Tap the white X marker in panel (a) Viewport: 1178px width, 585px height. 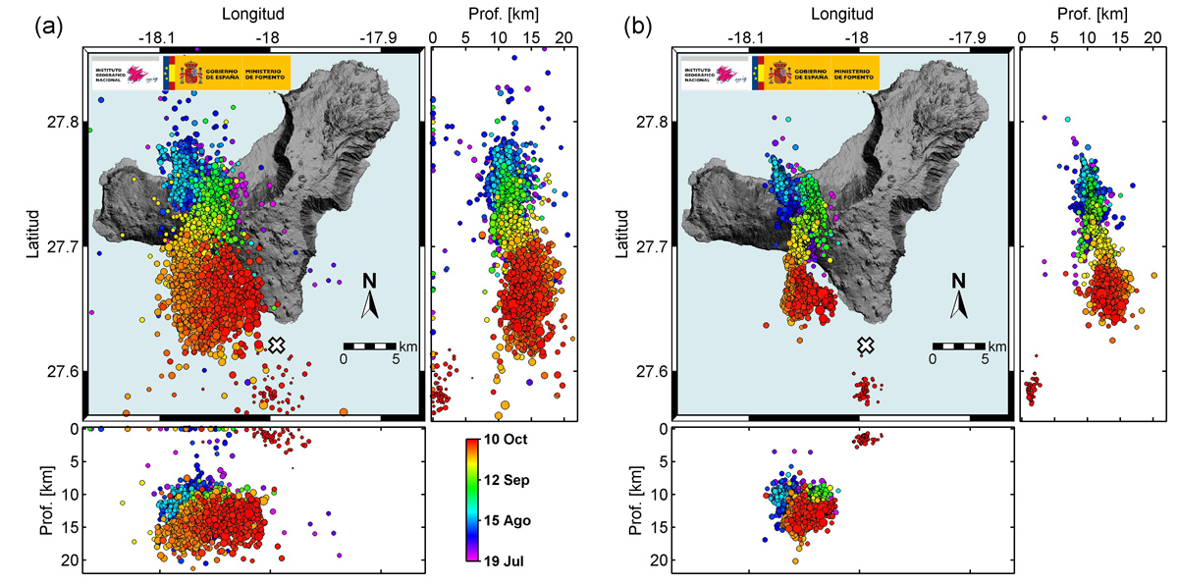click(x=277, y=345)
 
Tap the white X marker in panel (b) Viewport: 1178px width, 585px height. click(x=865, y=345)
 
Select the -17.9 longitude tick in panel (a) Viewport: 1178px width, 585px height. click(x=379, y=37)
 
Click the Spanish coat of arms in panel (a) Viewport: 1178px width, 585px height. click(x=189, y=74)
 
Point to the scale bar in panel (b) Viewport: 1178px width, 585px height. click(x=958, y=346)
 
